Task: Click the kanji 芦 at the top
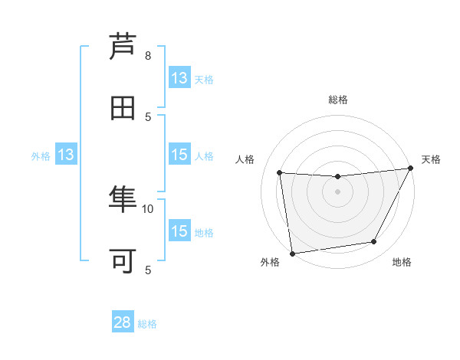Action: click(123, 47)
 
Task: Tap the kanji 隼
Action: click(123, 201)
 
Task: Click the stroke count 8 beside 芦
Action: click(148, 55)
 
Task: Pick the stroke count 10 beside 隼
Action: click(148, 208)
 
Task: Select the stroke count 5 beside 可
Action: click(148, 269)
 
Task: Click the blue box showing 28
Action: click(123, 322)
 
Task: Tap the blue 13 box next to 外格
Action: click(65, 155)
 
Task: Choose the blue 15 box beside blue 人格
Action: click(179, 155)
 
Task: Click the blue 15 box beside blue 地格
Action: click(179, 231)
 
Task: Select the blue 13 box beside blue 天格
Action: click(179, 78)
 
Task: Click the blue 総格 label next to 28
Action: click(147, 324)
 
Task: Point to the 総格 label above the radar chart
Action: click(338, 100)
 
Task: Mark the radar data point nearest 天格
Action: click(411, 169)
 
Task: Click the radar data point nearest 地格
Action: click(374, 242)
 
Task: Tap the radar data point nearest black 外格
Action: click(292, 253)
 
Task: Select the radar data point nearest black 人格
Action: click(280, 172)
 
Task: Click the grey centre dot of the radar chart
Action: click(337, 191)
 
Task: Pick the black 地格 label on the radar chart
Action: click(402, 262)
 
